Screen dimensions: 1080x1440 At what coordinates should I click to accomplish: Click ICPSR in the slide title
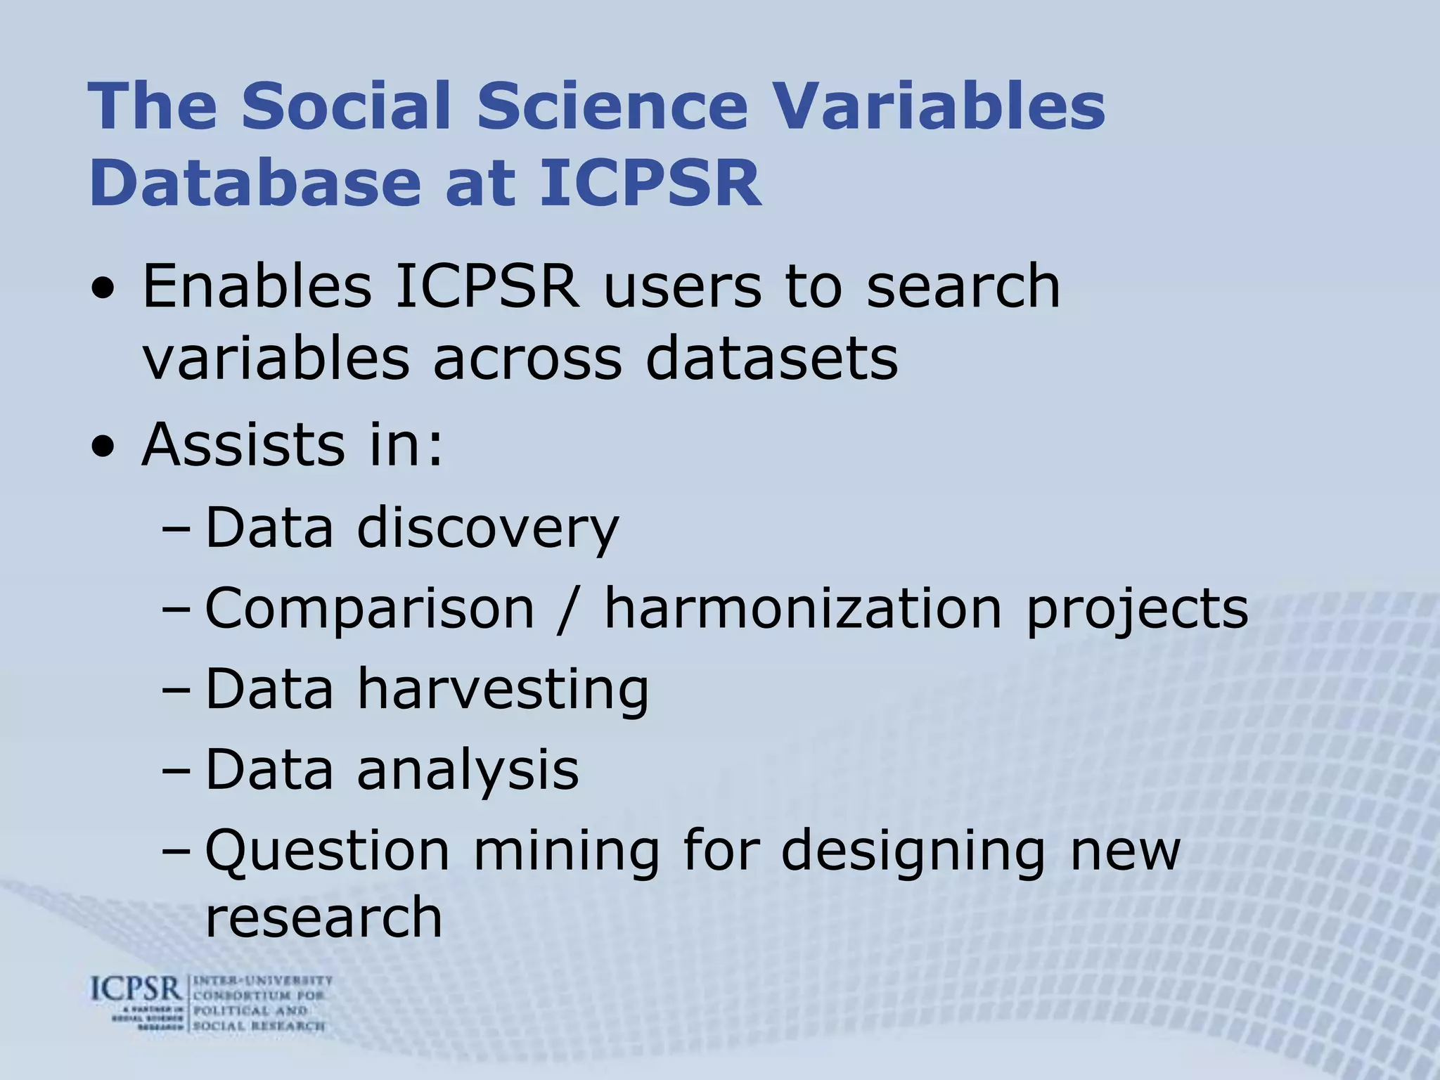650,183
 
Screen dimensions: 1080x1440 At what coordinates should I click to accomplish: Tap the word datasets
771,359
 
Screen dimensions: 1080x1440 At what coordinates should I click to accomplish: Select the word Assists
243,444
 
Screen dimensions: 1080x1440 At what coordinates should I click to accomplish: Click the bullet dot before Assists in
104,448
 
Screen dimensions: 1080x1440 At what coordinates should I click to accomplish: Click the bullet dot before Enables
104,290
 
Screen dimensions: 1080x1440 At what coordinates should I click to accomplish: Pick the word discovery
488,528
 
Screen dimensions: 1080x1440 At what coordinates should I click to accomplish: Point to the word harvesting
503,689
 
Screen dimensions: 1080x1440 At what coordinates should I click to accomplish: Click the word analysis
468,770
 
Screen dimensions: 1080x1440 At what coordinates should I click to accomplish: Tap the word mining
566,851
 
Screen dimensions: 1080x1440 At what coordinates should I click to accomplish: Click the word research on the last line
323,917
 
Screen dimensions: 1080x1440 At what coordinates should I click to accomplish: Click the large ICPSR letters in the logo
136,990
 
